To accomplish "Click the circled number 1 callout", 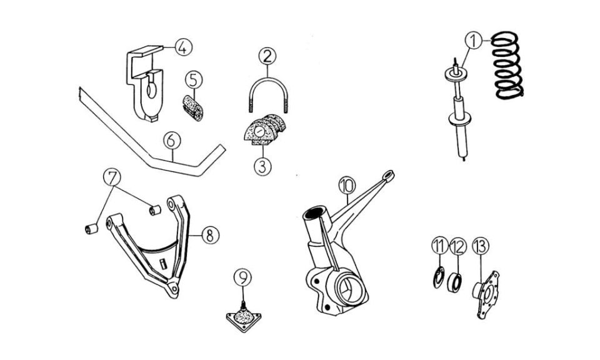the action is tap(474, 40).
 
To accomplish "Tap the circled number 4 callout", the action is tap(183, 47).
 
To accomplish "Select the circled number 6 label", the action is tap(172, 141).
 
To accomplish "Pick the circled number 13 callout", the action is tap(481, 246).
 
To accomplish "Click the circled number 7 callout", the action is tap(112, 178).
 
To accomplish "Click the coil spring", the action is tap(507, 65).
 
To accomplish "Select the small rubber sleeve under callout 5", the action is tap(192, 108).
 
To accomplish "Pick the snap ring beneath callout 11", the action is tap(439, 277).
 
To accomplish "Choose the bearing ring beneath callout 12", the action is tap(454, 282).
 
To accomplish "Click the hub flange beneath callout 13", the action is tap(486, 294).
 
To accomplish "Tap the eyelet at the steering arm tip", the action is tap(388, 175).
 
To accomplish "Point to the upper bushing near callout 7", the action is tap(155, 211).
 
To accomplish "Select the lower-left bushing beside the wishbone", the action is tap(91, 229).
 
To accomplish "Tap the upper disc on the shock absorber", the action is tap(456, 74).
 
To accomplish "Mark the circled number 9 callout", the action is tap(243, 277).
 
